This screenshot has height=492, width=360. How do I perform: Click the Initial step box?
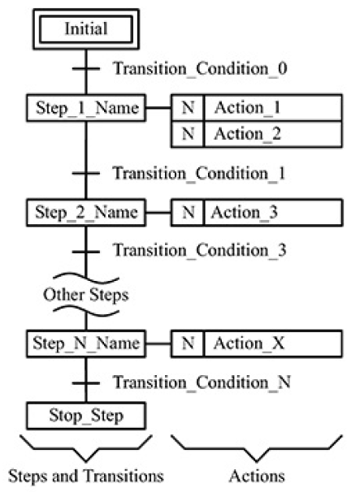tap(85, 30)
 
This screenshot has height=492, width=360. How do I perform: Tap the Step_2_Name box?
tap(85, 214)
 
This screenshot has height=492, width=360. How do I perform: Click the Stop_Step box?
tap(85, 417)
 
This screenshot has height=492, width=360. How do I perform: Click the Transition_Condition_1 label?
tap(199, 173)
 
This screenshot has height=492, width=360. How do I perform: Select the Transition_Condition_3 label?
tap(199, 251)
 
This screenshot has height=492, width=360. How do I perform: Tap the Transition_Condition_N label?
tap(199, 381)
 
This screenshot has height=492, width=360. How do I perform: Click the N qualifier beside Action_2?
tap(187, 134)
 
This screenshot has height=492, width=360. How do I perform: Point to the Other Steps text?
tap(85, 295)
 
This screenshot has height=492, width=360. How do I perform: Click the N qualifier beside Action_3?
tap(187, 214)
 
